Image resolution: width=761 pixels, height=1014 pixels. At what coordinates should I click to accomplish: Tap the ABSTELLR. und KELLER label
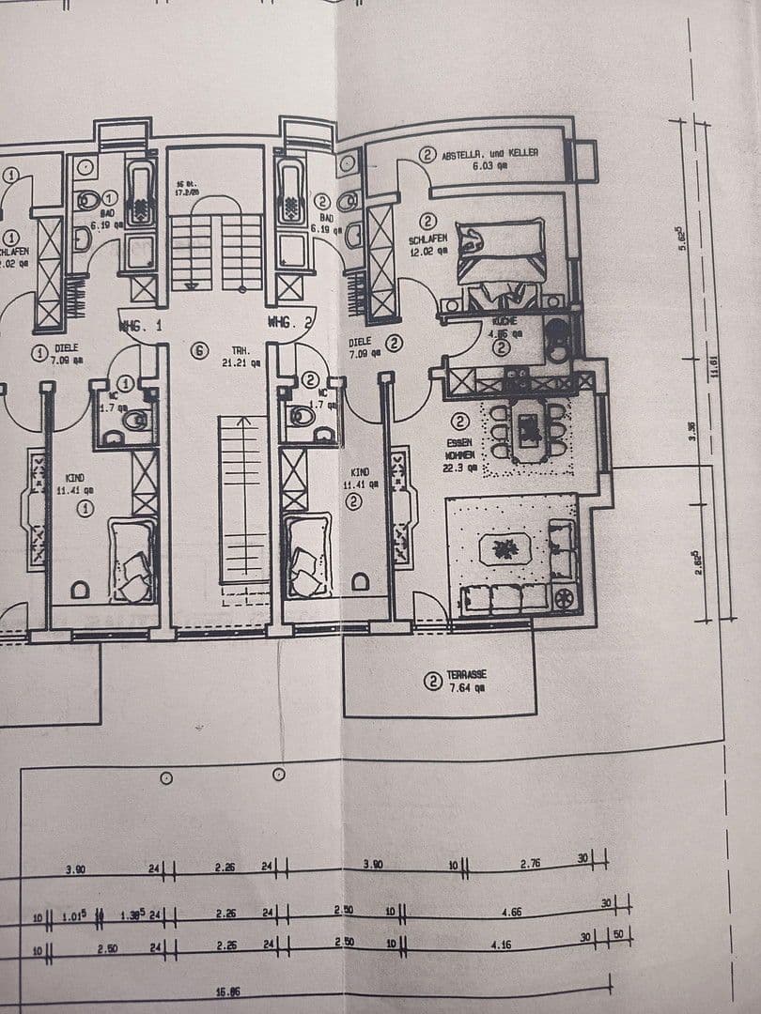pyautogui.click(x=489, y=153)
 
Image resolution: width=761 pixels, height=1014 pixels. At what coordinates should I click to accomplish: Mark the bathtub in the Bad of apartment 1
pyautogui.click(x=141, y=195)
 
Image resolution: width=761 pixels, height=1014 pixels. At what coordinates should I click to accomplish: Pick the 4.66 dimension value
pyautogui.click(x=512, y=912)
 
